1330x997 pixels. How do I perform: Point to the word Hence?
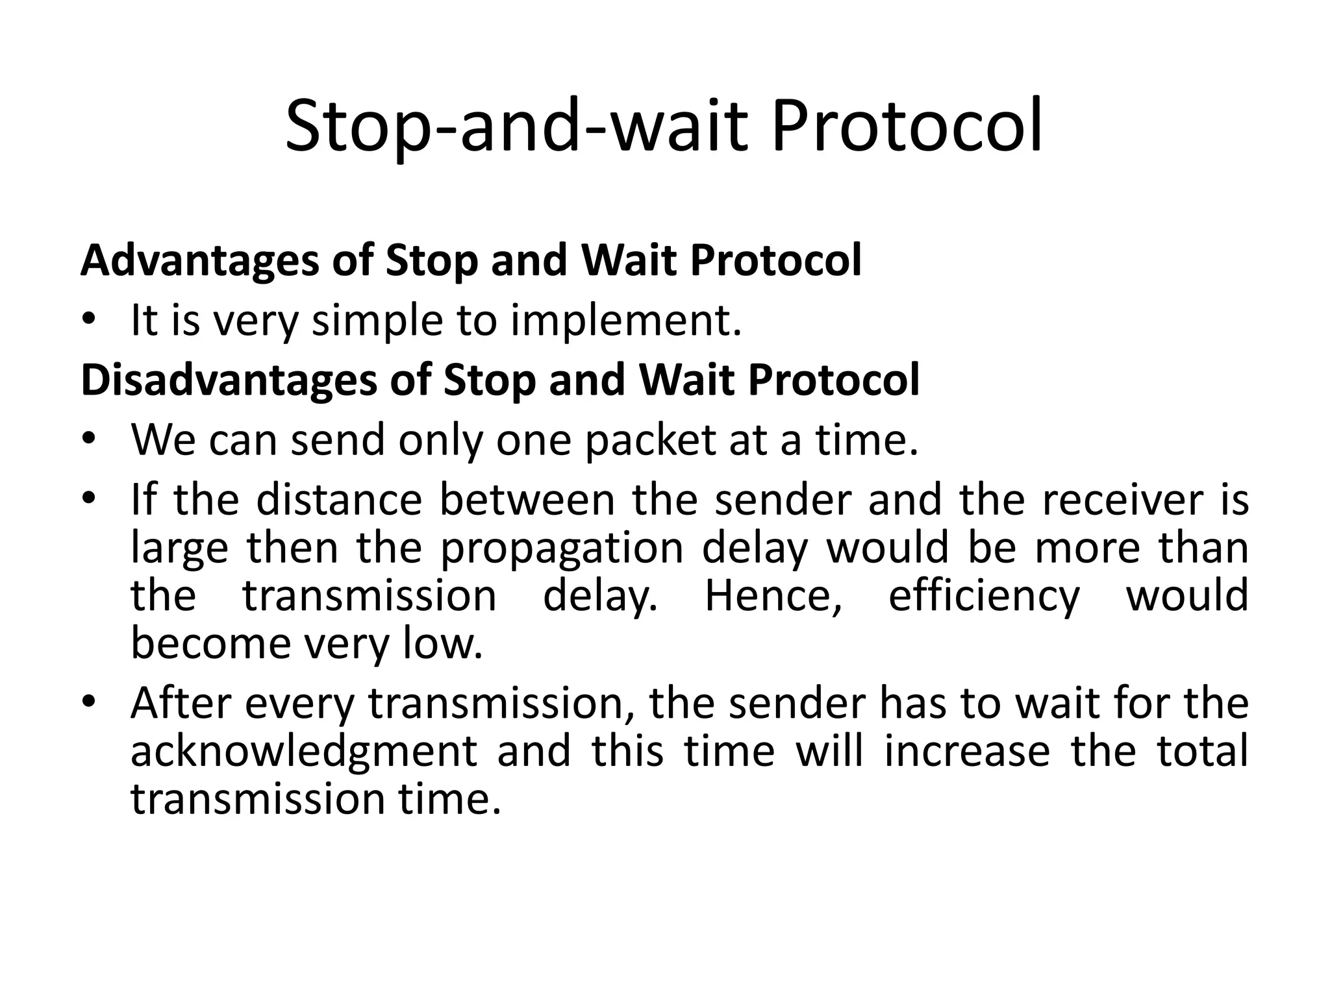click(773, 597)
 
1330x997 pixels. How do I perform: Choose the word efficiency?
click(983, 597)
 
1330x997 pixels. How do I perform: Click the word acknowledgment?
click(304, 752)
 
